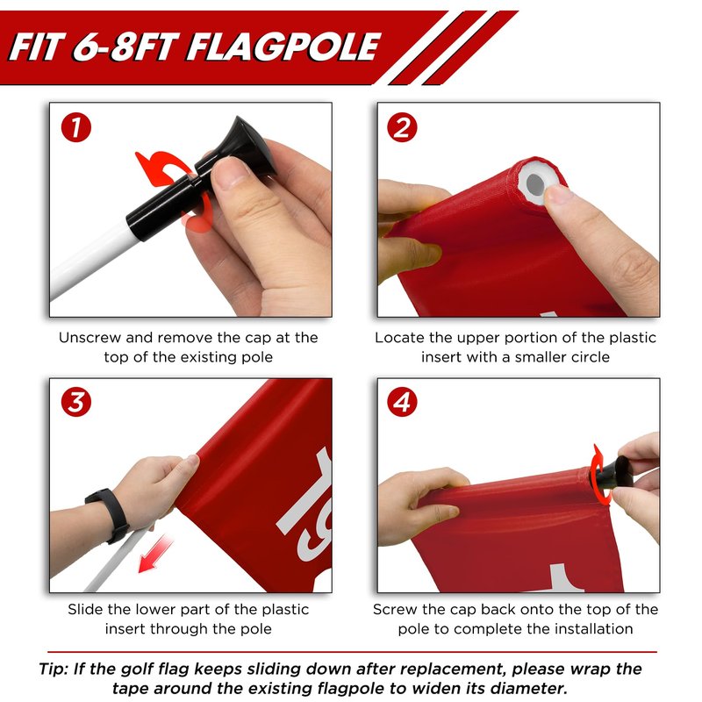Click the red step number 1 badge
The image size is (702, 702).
(76, 127)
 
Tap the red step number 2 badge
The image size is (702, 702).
(402, 127)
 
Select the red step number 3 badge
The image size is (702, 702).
(76, 402)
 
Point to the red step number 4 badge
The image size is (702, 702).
(402, 402)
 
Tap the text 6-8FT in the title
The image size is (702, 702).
(125, 47)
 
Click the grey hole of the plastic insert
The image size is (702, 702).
(534, 183)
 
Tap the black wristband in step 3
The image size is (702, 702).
(108, 515)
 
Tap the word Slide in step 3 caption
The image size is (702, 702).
(85, 609)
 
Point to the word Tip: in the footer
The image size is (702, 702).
(54, 669)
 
